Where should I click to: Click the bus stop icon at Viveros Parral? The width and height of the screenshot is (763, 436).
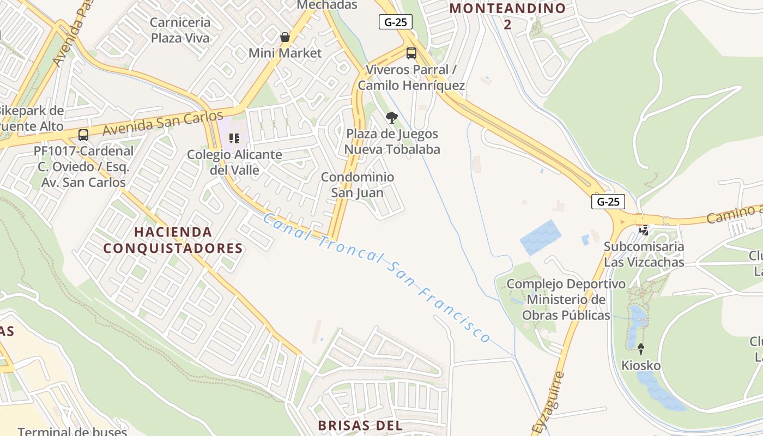coord(411,53)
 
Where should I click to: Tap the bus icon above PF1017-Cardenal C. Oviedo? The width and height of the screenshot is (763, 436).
coord(83,135)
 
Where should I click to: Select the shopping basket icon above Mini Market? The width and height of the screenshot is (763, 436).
coord(284,37)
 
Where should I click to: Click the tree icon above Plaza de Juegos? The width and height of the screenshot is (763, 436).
coord(391,117)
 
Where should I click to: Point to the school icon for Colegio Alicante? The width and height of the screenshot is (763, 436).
coord(234,138)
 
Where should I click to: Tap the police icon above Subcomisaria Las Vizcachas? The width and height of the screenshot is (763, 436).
coord(644,230)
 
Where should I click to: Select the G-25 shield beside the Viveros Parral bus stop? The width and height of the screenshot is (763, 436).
coord(396,22)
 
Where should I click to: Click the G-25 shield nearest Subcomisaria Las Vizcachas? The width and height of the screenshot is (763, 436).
coord(608,202)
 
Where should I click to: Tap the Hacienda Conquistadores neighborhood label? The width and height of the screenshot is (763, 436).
coord(173,240)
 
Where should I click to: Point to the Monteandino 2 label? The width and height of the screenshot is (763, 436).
coord(507,16)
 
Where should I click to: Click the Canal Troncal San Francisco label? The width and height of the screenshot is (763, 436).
coord(376,278)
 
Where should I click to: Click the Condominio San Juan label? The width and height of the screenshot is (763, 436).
coord(358,185)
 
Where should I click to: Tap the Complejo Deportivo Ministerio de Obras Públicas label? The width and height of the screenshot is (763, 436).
coord(566,299)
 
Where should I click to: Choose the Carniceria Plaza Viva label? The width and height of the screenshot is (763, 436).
coord(180,30)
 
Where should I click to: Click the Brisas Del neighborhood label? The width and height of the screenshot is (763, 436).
coord(360,426)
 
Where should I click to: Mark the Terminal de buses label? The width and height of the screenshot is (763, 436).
coord(72,431)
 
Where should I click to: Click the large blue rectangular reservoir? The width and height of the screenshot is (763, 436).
coord(541,237)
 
